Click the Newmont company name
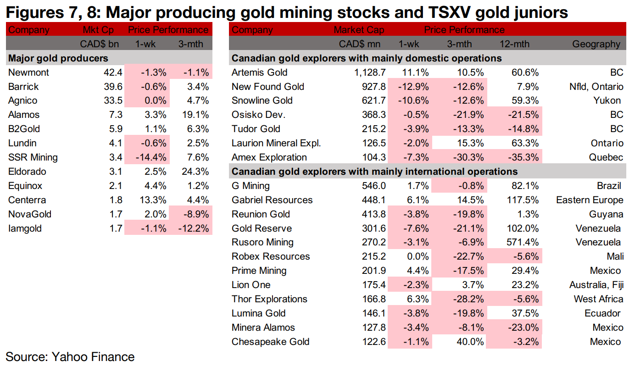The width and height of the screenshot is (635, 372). [x=28, y=72]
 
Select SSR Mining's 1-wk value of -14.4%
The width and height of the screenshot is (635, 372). [x=152, y=157]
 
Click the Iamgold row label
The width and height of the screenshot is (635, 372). [x=25, y=228]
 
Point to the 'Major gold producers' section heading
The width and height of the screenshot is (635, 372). [x=58, y=58]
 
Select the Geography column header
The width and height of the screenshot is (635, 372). [x=596, y=44]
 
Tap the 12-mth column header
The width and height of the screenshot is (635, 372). [x=514, y=44]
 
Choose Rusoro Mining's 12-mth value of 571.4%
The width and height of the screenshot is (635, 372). [x=522, y=242]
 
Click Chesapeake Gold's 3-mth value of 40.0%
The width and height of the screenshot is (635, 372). [x=469, y=342]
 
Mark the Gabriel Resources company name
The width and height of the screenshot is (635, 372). [x=272, y=200]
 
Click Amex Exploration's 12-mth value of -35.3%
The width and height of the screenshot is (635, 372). [x=522, y=157]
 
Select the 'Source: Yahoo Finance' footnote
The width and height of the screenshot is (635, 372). [x=70, y=357]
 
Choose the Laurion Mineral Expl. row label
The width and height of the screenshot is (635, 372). [x=276, y=143]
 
